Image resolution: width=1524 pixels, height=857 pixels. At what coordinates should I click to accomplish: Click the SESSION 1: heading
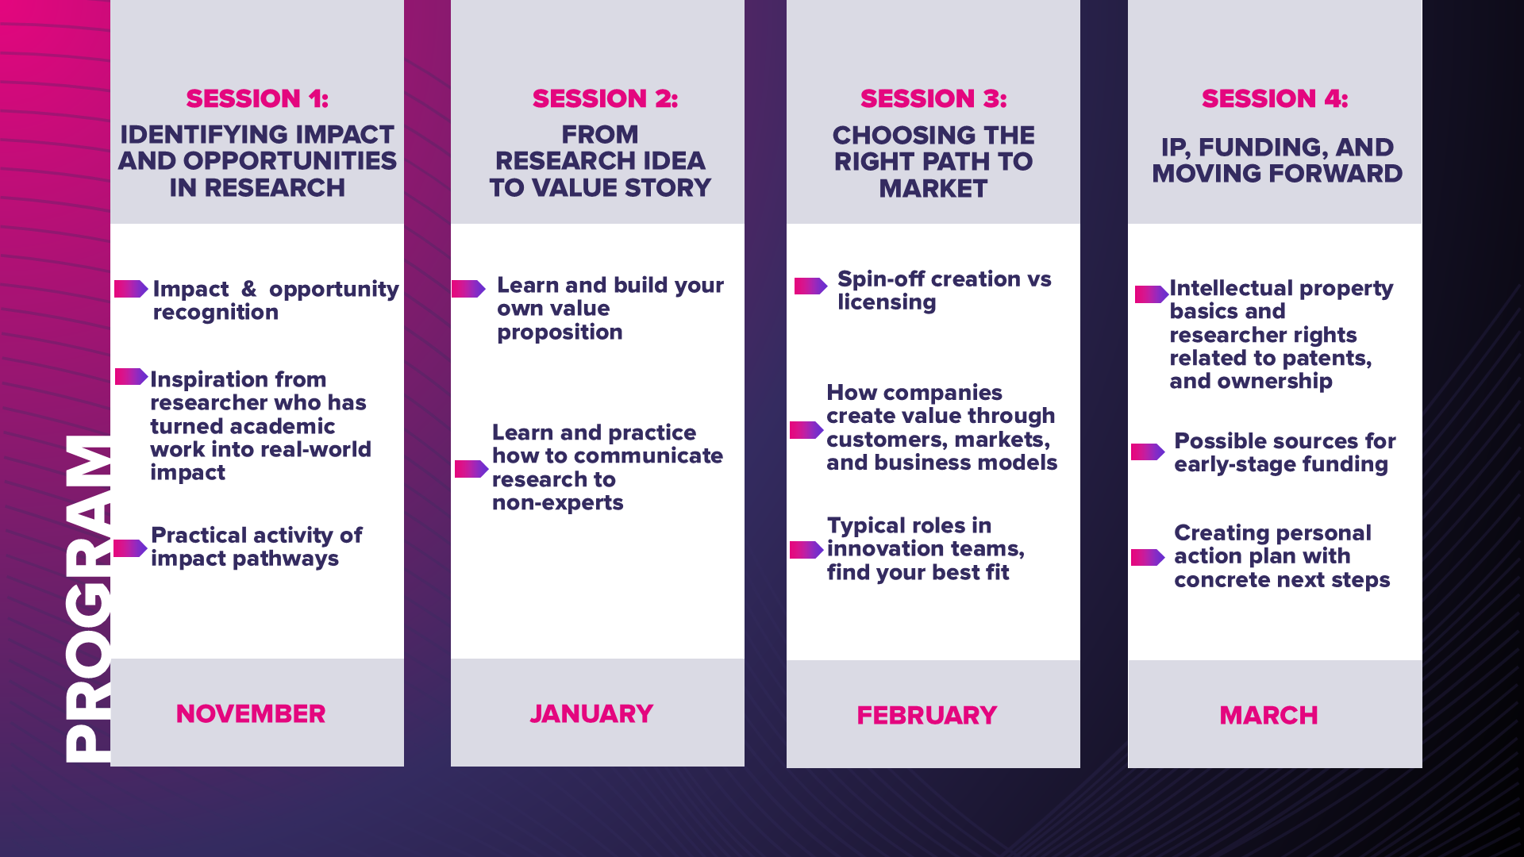[x=257, y=98]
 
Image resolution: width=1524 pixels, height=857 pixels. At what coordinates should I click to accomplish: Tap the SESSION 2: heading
[x=605, y=98]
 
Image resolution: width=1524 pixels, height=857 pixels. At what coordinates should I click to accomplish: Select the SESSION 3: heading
[x=933, y=98]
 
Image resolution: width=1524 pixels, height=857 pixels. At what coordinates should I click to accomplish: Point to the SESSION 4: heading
[x=1275, y=98]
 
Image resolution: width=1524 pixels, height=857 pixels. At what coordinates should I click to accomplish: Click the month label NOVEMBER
[x=251, y=713]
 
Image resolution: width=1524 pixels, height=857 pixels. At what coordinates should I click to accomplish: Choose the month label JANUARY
[x=591, y=713]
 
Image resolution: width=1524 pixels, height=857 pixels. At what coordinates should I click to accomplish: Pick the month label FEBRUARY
[x=926, y=715]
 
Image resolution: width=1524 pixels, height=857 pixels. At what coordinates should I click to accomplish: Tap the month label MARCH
[x=1268, y=715]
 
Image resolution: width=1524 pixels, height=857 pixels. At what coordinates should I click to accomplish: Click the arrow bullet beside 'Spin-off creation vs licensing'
[x=810, y=286]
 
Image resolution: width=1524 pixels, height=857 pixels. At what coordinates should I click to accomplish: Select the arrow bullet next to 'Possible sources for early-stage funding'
[x=1148, y=452]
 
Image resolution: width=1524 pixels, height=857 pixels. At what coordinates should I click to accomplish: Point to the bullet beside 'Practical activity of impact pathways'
[x=130, y=548]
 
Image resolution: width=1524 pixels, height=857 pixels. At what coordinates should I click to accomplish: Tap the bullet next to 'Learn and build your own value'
[x=468, y=289]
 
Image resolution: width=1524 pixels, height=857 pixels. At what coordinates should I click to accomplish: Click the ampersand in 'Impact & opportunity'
[x=248, y=289]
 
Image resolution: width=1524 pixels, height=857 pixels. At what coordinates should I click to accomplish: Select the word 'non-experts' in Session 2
[x=557, y=503]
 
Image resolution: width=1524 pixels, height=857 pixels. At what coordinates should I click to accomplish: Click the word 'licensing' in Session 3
[x=887, y=302]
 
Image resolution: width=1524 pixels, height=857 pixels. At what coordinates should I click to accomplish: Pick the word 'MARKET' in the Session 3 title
[x=933, y=189]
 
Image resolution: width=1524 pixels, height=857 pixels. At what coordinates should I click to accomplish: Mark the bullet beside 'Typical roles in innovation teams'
[x=806, y=550]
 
